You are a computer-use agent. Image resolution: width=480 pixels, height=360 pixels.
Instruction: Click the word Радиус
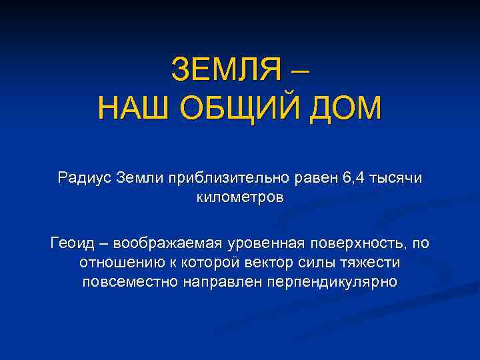(x=85, y=178)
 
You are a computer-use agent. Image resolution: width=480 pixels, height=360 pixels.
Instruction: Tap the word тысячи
(x=398, y=178)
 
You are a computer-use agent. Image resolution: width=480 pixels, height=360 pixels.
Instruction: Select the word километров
(x=240, y=197)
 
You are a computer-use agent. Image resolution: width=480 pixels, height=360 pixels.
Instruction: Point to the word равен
(x=318, y=178)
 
